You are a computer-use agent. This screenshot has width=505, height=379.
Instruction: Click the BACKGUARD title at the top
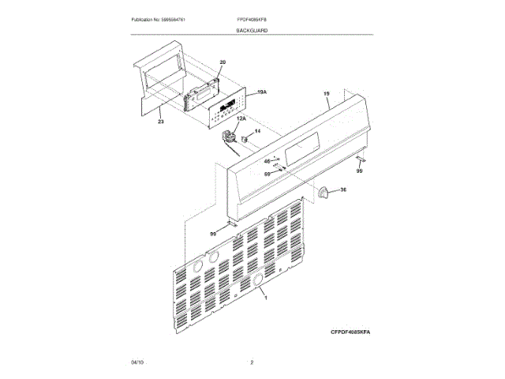[252, 30]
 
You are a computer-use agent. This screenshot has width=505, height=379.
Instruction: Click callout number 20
[223, 62]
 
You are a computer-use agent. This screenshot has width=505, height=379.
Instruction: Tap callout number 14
[256, 130]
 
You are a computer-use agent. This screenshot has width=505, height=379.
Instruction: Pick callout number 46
[267, 161]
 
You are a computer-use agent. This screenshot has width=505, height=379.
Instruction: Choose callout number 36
[342, 190]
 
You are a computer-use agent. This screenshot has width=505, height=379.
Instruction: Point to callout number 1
[266, 298]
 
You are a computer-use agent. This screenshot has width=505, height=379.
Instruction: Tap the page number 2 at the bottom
[252, 362]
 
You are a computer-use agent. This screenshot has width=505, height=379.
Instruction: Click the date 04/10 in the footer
[137, 362]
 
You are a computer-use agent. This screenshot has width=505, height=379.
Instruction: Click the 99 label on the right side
[359, 171]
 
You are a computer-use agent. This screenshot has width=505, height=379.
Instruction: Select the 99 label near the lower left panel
[213, 234]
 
